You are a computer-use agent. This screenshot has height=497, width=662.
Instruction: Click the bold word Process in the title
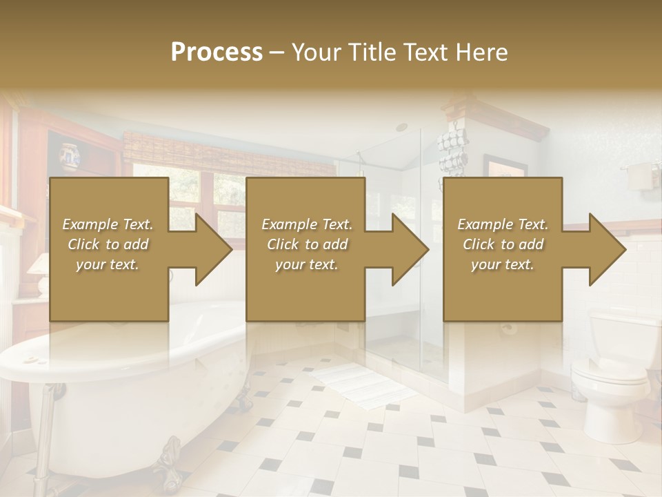(x=217, y=52)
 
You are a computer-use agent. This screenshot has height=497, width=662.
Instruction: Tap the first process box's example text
(x=108, y=244)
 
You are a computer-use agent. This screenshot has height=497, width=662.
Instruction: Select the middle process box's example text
(x=306, y=244)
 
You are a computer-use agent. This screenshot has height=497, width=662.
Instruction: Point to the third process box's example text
(x=502, y=244)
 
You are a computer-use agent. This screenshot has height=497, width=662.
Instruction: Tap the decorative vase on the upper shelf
(x=70, y=157)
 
